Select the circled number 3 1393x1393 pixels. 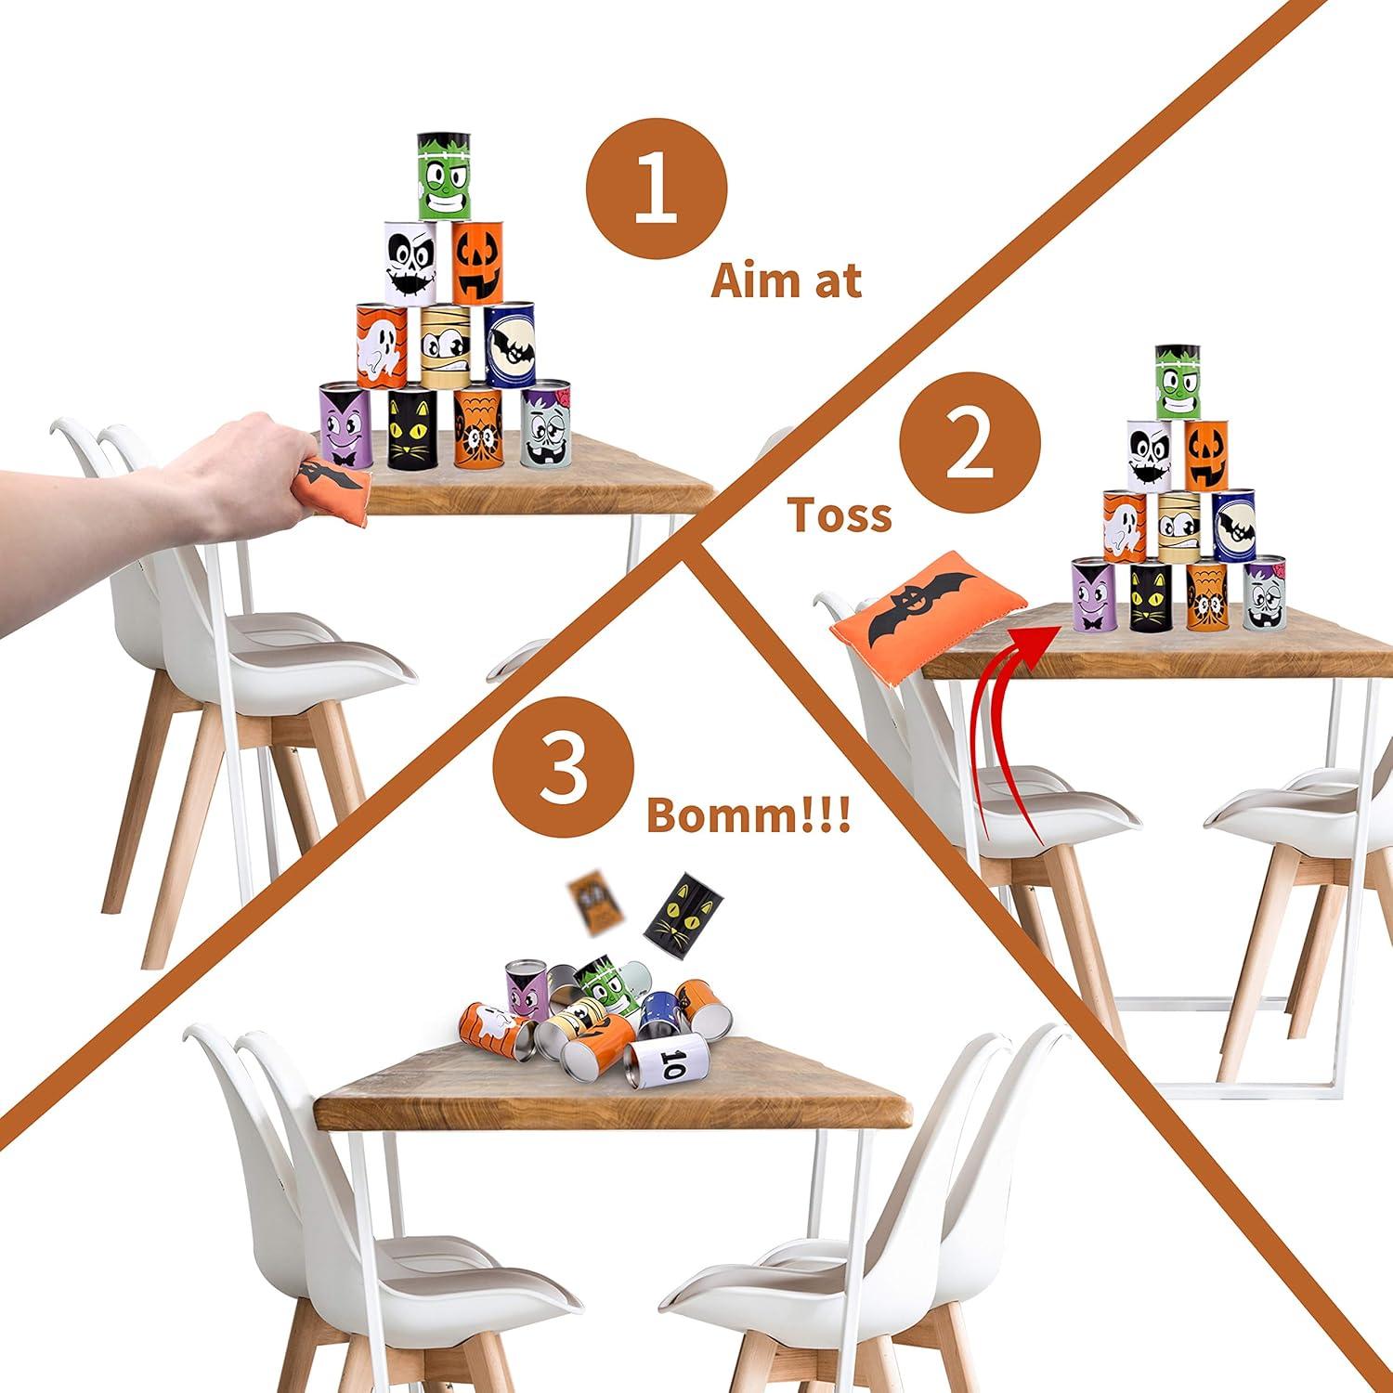565,769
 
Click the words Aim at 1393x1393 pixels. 787,280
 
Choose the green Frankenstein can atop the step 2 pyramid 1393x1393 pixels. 1179,383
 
